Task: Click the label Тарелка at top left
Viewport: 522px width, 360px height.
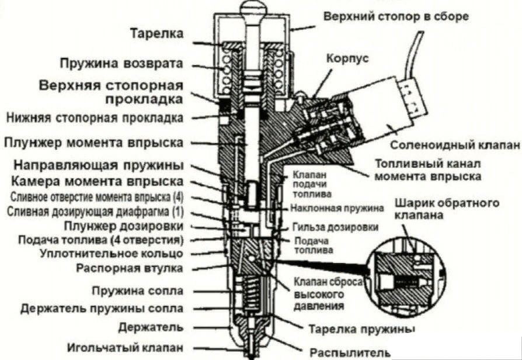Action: [156, 34]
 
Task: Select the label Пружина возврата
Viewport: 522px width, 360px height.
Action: [121, 63]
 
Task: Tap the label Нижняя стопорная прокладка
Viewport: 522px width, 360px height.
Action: [95, 117]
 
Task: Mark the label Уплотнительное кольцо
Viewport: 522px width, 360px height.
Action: [111, 254]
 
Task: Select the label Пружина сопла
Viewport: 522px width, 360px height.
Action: [137, 290]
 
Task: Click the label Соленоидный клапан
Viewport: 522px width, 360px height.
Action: [454, 144]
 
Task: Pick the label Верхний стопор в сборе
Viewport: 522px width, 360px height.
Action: [396, 16]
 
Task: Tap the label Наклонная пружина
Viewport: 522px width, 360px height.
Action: [337, 208]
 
